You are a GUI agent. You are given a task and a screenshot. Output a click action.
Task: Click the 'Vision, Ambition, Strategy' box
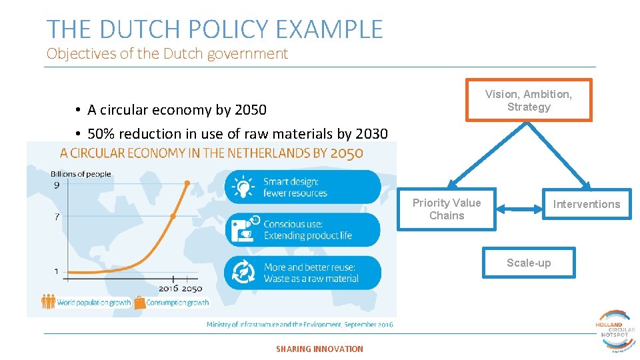click(528, 101)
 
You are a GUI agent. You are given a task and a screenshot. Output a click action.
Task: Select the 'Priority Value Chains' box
click(447, 209)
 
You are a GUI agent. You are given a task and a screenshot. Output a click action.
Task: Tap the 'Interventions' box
click(587, 204)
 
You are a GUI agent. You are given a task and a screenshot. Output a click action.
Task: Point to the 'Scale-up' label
click(529, 263)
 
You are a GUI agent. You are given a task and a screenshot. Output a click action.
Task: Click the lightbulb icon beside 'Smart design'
click(243, 187)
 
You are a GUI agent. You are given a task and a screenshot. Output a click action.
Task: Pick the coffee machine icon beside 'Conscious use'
click(243, 229)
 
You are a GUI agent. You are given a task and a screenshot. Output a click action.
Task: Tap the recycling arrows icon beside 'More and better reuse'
click(243, 273)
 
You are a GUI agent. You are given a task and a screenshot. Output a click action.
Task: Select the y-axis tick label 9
click(57, 185)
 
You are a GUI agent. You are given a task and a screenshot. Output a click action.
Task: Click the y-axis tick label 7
click(57, 217)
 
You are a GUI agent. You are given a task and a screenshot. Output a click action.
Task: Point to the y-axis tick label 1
click(57, 271)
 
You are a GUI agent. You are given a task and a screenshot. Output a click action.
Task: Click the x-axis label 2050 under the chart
click(192, 289)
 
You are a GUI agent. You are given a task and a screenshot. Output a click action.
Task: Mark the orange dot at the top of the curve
click(187, 182)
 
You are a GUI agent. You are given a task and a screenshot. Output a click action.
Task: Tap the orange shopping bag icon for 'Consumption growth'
click(139, 303)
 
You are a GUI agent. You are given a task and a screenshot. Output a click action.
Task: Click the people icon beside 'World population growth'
click(49, 302)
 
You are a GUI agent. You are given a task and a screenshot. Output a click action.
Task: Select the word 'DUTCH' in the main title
click(137, 29)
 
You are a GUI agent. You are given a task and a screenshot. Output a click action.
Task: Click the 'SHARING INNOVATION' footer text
click(319, 349)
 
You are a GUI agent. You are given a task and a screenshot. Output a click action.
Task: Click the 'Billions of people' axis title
click(81, 174)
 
